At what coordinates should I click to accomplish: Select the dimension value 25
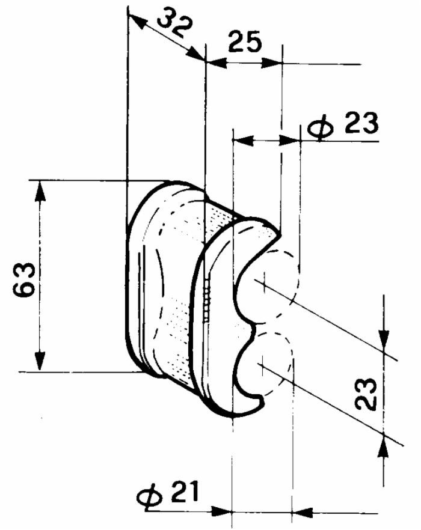pos(245,43)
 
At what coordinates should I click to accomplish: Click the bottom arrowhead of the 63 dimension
pos(40,362)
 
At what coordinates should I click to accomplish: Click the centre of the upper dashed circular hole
pos(263,279)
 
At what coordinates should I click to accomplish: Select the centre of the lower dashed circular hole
pos(262,362)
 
